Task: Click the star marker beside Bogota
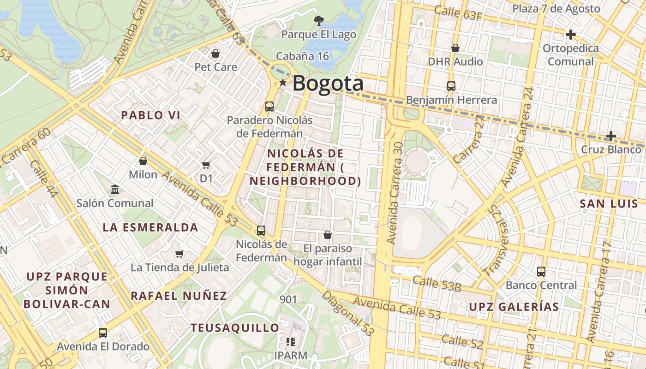(x=282, y=83)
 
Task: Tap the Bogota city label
(x=328, y=83)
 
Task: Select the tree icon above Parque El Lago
(x=318, y=20)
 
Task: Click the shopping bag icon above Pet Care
(x=215, y=54)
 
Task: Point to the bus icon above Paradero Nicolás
(x=269, y=107)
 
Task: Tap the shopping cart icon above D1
(x=206, y=165)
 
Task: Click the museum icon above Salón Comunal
(x=114, y=189)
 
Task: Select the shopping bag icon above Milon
(x=143, y=161)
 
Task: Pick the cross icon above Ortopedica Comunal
(x=571, y=34)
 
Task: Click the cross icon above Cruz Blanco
(x=610, y=136)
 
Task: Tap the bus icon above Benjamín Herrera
(x=451, y=86)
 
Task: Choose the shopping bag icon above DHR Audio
(x=455, y=48)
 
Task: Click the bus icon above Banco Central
(x=541, y=272)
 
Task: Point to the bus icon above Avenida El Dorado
(x=103, y=333)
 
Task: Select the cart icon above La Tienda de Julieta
(x=179, y=254)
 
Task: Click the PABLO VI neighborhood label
(x=150, y=115)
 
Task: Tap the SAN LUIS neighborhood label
(x=609, y=203)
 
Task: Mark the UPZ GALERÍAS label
(x=514, y=307)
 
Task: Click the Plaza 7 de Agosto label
(x=556, y=8)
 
